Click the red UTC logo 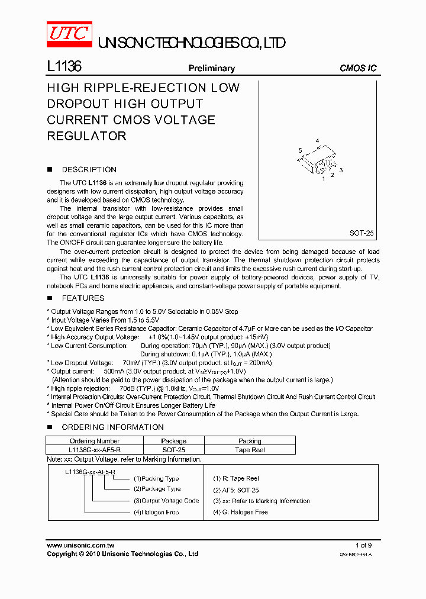coord(69,33)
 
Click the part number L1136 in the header coord(64,67)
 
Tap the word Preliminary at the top coord(211,68)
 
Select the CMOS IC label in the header coord(357,68)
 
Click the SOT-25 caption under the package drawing coord(362,233)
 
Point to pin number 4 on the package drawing coord(317,141)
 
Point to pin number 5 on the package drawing coord(300,150)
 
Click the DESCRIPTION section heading coord(89,169)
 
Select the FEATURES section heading coord(83,298)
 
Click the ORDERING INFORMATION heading coord(112,427)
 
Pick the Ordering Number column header coord(95,441)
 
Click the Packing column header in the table coord(250,441)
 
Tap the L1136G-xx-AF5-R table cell coord(95,450)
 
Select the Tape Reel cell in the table coord(250,450)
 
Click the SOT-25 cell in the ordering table coord(173,450)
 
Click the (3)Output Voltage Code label coord(166,501)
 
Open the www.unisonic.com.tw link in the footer coord(80,545)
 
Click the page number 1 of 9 coord(363,545)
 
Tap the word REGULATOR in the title coord(86,136)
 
